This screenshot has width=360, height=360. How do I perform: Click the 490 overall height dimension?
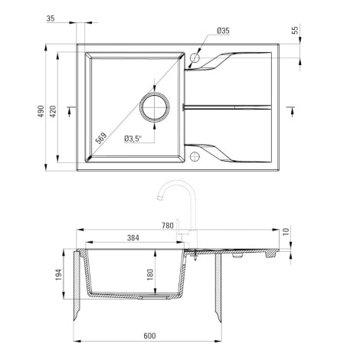click(x=41, y=111)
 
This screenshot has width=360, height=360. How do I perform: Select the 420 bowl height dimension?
click(x=53, y=111)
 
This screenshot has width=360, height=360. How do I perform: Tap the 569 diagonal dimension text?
click(x=100, y=138)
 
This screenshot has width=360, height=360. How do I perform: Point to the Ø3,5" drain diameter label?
click(x=133, y=139)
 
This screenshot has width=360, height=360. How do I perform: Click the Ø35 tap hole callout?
click(x=223, y=31)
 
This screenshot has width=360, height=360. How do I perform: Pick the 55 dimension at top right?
click(x=295, y=30)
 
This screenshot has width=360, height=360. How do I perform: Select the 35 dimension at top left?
click(x=51, y=18)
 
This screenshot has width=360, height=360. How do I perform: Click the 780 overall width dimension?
click(x=168, y=226)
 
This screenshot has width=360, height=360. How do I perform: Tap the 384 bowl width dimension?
click(x=133, y=238)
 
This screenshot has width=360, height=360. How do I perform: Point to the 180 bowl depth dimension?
click(x=150, y=275)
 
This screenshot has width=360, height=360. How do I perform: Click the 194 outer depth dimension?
click(x=59, y=275)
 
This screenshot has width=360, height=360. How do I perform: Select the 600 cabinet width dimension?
click(x=149, y=335)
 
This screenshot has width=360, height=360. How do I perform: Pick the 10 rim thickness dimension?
click(x=286, y=231)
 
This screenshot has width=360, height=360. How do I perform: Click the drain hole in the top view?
click(x=155, y=107)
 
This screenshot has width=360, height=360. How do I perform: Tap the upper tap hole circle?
click(x=195, y=57)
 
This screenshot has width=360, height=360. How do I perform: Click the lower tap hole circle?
click(x=195, y=156)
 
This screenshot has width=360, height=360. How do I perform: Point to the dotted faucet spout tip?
click(x=160, y=198)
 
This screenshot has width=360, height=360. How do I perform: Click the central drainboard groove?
click(x=227, y=107)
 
